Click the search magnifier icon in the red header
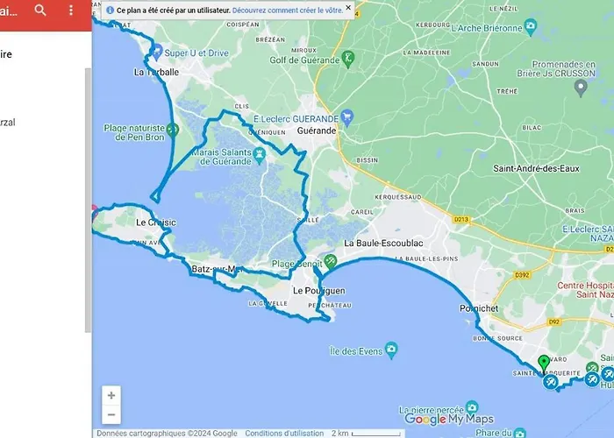click(x=40, y=11)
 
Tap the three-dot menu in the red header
click(x=71, y=11)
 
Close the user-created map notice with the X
click(x=347, y=8)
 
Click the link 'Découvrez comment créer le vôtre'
click(x=287, y=10)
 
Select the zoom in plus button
click(x=111, y=396)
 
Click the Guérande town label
click(x=317, y=131)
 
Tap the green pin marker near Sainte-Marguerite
click(x=543, y=363)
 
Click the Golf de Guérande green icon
click(x=348, y=58)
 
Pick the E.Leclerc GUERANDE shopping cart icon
click(x=347, y=115)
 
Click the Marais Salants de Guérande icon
click(x=260, y=155)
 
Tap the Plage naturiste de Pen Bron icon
click(x=173, y=131)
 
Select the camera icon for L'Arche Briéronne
click(x=531, y=28)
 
